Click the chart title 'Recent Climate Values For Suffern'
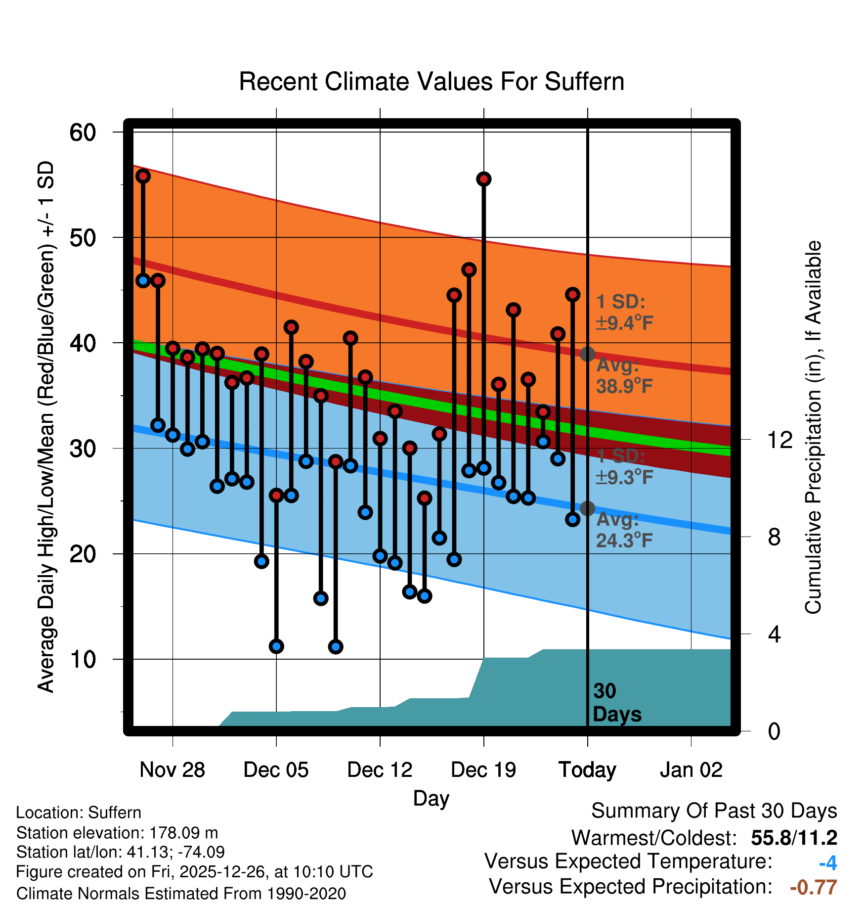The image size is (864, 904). (x=431, y=82)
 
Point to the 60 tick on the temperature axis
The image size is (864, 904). (x=83, y=133)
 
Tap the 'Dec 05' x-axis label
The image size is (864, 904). (x=276, y=770)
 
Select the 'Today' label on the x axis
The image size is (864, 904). (x=587, y=770)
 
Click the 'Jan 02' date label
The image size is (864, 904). (x=691, y=770)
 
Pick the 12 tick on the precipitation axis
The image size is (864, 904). (x=779, y=440)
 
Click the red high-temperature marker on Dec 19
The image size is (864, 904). (x=484, y=179)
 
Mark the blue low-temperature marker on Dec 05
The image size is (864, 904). (x=276, y=646)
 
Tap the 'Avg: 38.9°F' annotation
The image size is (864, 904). (x=624, y=376)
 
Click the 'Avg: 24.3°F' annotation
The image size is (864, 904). (x=624, y=530)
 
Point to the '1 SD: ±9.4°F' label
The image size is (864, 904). (x=624, y=313)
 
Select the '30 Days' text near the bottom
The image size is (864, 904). (x=616, y=703)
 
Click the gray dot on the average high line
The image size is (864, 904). (x=587, y=354)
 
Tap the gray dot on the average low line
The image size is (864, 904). (x=587, y=508)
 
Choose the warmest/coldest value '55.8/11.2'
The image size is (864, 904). (x=794, y=838)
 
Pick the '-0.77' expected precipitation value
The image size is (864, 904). (x=814, y=887)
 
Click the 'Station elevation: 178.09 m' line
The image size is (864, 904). (x=117, y=833)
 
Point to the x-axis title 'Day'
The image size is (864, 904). (x=431, y=798)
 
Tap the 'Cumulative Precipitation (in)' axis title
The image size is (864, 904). (x=813, y=427)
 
